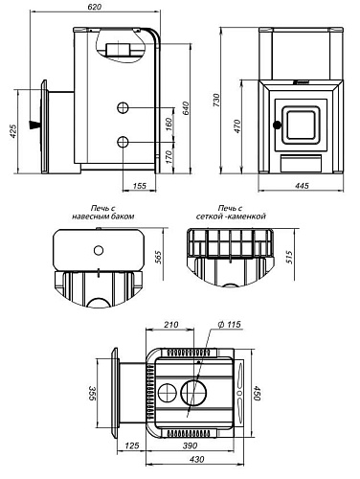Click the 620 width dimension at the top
[x=94, y=6]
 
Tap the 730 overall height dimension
[x=216, y=100]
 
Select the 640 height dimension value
[x=186, y=108]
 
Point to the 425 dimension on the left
[x=12, y=131]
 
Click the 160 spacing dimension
[x=169, y=125]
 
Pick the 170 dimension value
[x=169, y=156]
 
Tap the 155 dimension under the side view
[x=139, y=186]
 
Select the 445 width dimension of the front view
[x=302, y=186]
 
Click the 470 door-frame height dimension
[x=237, y=126]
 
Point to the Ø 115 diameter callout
[x=230, y=325]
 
